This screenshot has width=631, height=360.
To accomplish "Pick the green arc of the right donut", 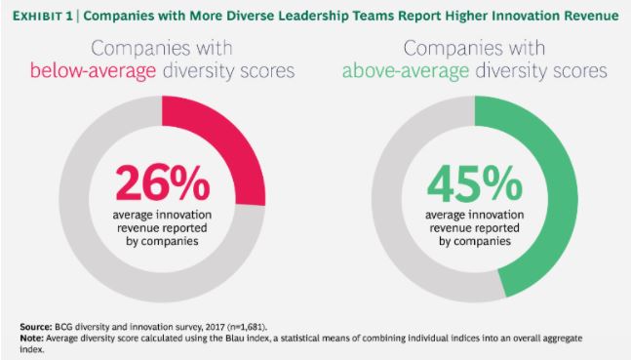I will coord(540,195).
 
